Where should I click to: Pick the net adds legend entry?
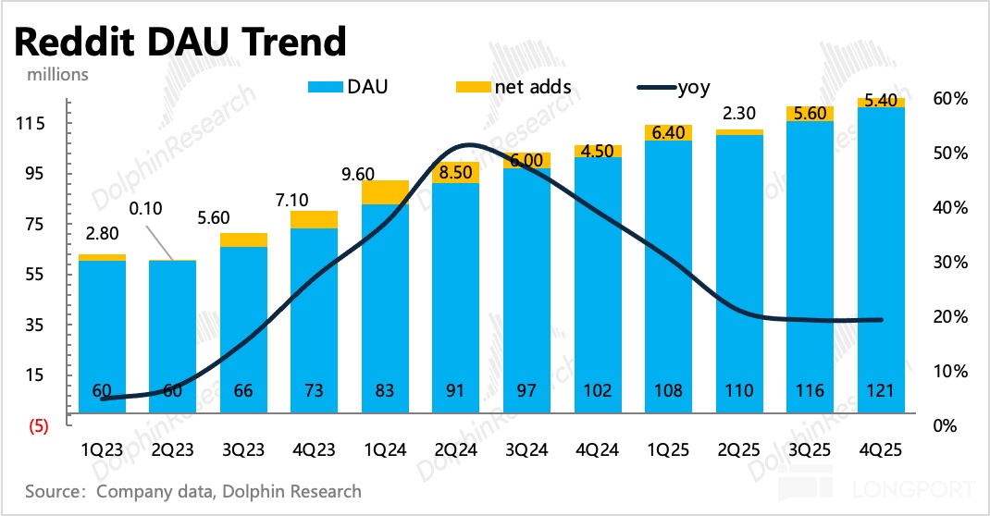(x=514, y=88)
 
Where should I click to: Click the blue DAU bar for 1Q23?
(x=102, y=342)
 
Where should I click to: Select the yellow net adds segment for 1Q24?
(x=386, y=191)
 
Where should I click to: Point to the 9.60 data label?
(x=355, y=171)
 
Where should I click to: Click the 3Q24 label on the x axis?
(x=527, y=450)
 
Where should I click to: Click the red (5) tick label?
(x=38, y=427)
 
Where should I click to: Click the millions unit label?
(x=52, y=74)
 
